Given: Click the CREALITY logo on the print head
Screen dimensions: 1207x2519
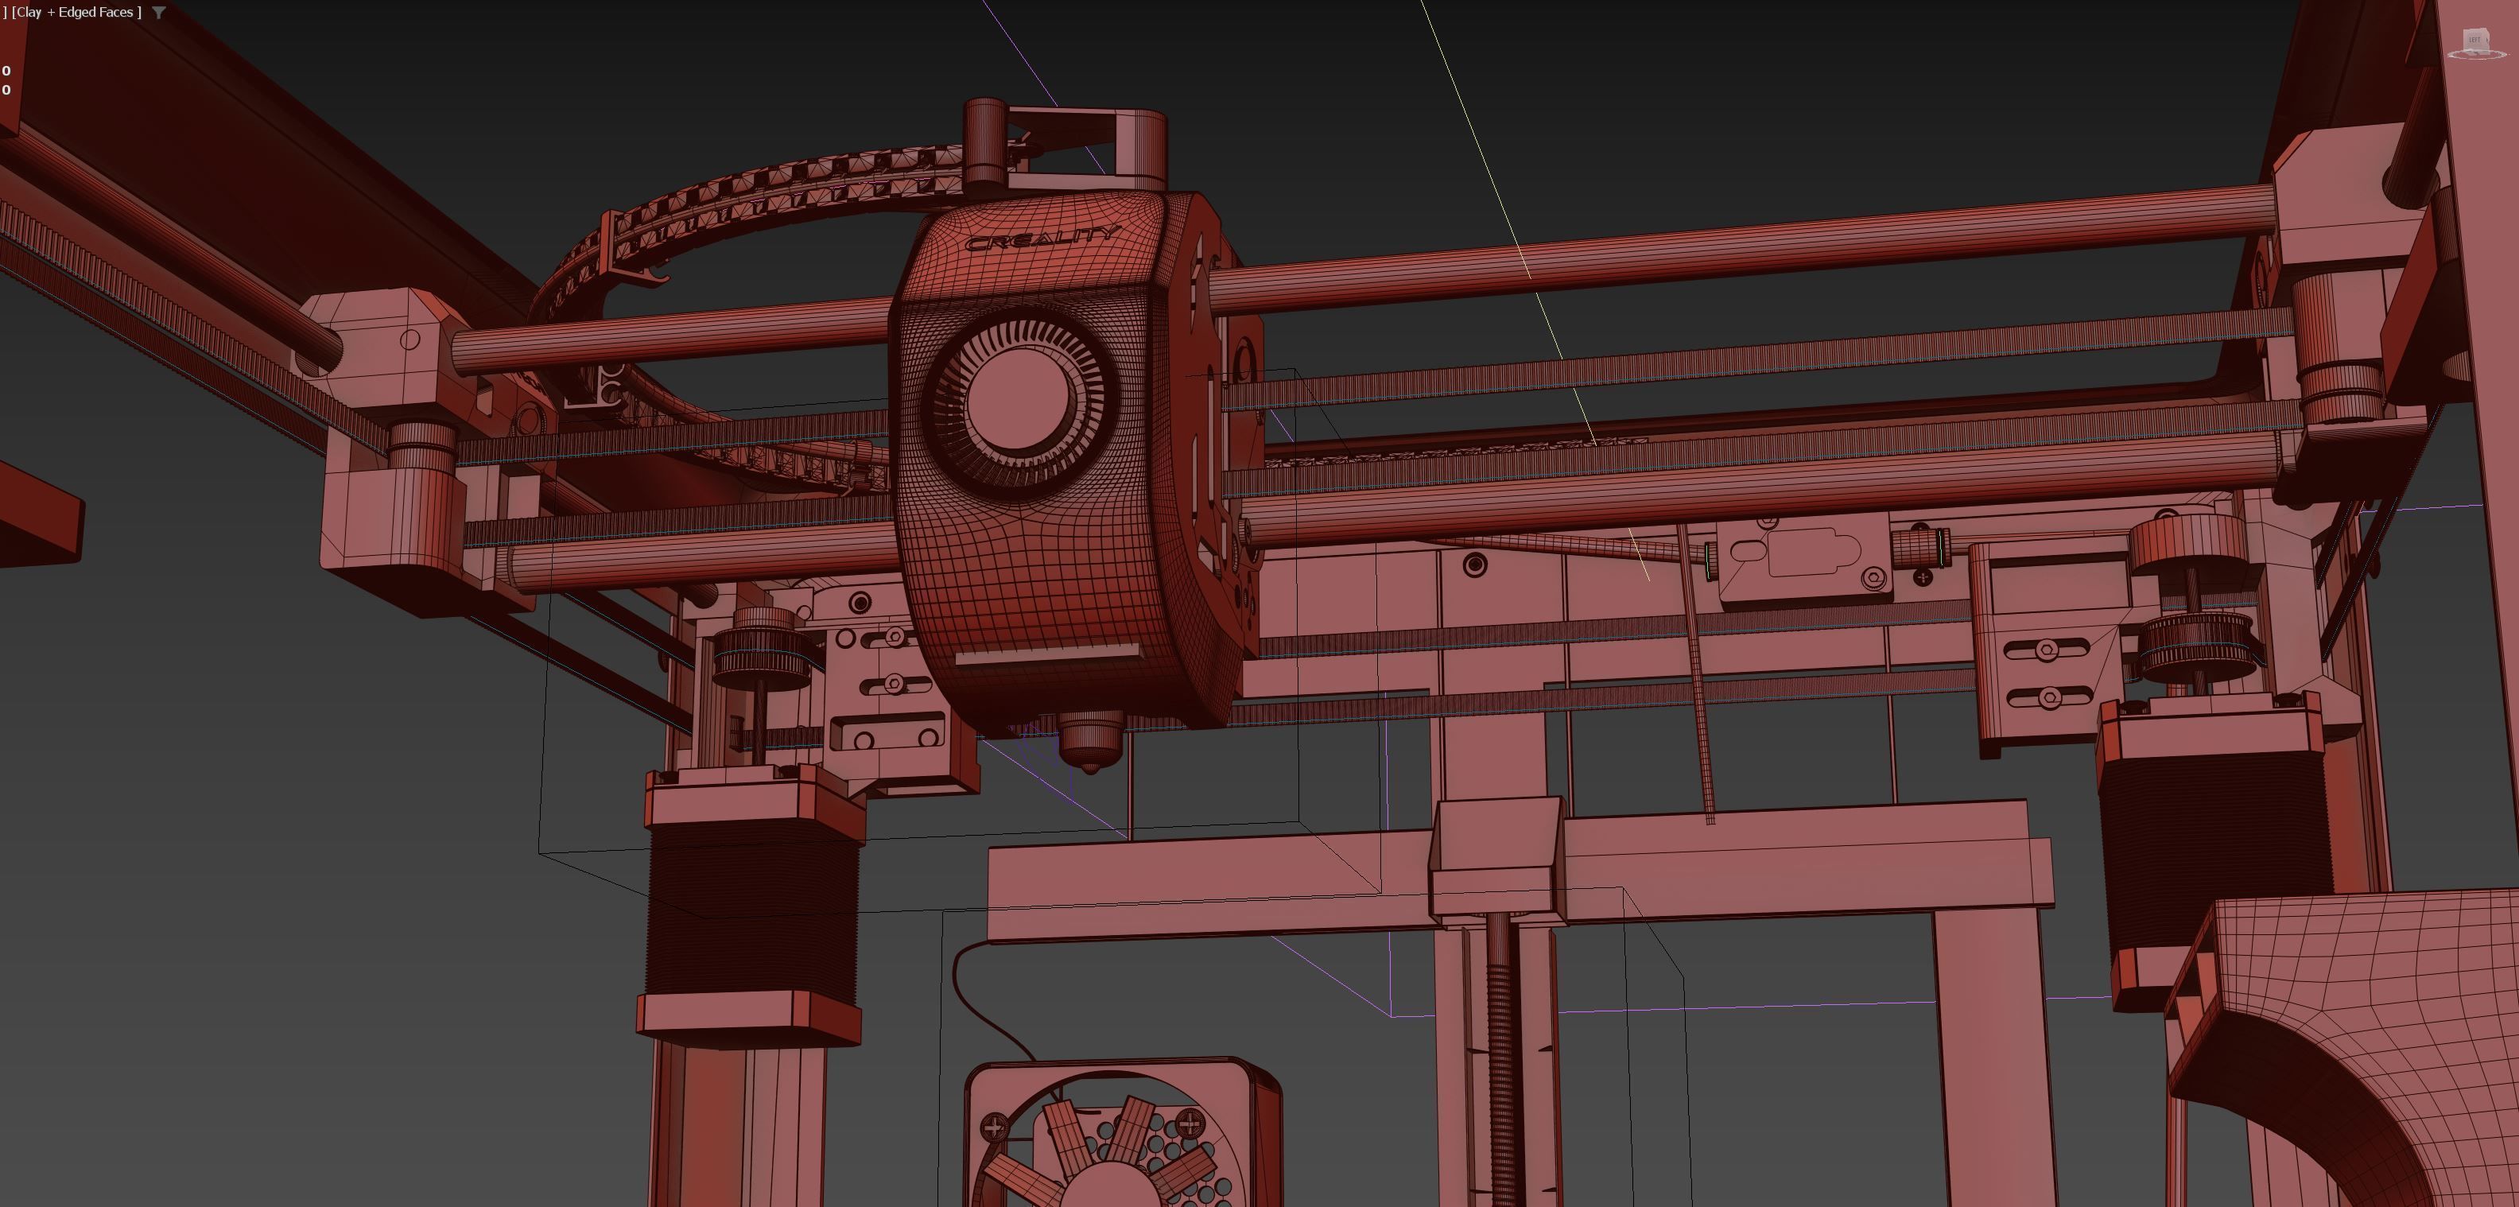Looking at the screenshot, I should [1041, 238].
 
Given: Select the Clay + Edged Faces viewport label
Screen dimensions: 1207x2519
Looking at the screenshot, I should [76, 13].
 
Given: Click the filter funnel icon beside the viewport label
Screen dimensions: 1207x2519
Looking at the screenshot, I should [158, 13].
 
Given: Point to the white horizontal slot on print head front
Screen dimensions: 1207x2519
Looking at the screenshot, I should [1046, 654].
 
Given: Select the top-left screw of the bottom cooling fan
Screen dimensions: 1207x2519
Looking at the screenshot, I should [993, 1127].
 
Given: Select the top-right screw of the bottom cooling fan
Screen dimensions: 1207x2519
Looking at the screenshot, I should [1190, 1124].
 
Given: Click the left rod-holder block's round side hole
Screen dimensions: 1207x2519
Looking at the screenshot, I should [409, 340].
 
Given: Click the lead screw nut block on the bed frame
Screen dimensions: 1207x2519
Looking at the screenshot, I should [1494, 856].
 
